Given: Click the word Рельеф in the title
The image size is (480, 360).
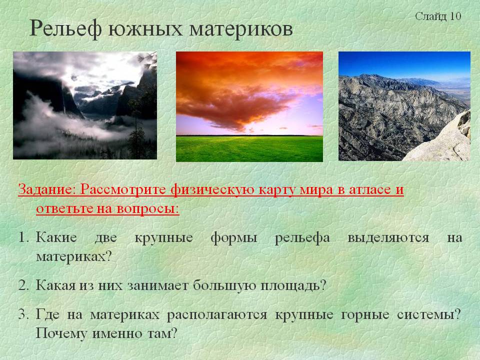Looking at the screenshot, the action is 65,29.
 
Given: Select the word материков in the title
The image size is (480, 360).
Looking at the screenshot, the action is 241,29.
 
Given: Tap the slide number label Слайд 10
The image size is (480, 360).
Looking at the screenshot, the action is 438,16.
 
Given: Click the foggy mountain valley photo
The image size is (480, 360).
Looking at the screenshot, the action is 85,105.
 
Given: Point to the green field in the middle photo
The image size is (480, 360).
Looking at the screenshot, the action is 249,148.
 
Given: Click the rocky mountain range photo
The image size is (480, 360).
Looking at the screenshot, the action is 404,106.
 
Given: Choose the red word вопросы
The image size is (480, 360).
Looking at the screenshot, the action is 148,209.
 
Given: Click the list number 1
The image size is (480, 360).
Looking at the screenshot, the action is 23,237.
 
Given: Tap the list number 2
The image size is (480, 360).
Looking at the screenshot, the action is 23,285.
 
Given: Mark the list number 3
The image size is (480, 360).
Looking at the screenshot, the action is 23,314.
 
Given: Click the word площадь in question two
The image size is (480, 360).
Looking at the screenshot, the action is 293,286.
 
